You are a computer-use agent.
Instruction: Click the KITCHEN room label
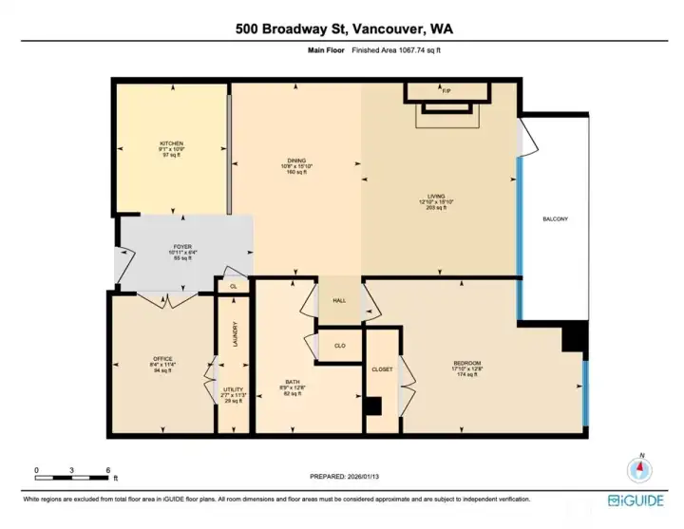click(x=171, y=142)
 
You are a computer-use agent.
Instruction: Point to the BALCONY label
click(x=555, y=219)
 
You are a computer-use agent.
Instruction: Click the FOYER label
click(x=181, y=247)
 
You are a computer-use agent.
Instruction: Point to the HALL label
click(x=339, y=300)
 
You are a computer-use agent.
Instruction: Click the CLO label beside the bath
click(x=339, y=345)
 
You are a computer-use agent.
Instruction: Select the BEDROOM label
click(x=466, y=363)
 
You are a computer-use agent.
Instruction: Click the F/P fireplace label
click(x=446, y=91)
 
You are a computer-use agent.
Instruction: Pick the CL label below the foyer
click(x=233, y=284)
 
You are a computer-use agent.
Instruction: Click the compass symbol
click(x=640, y=467)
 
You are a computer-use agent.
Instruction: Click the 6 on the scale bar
click(x=109, y=470)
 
